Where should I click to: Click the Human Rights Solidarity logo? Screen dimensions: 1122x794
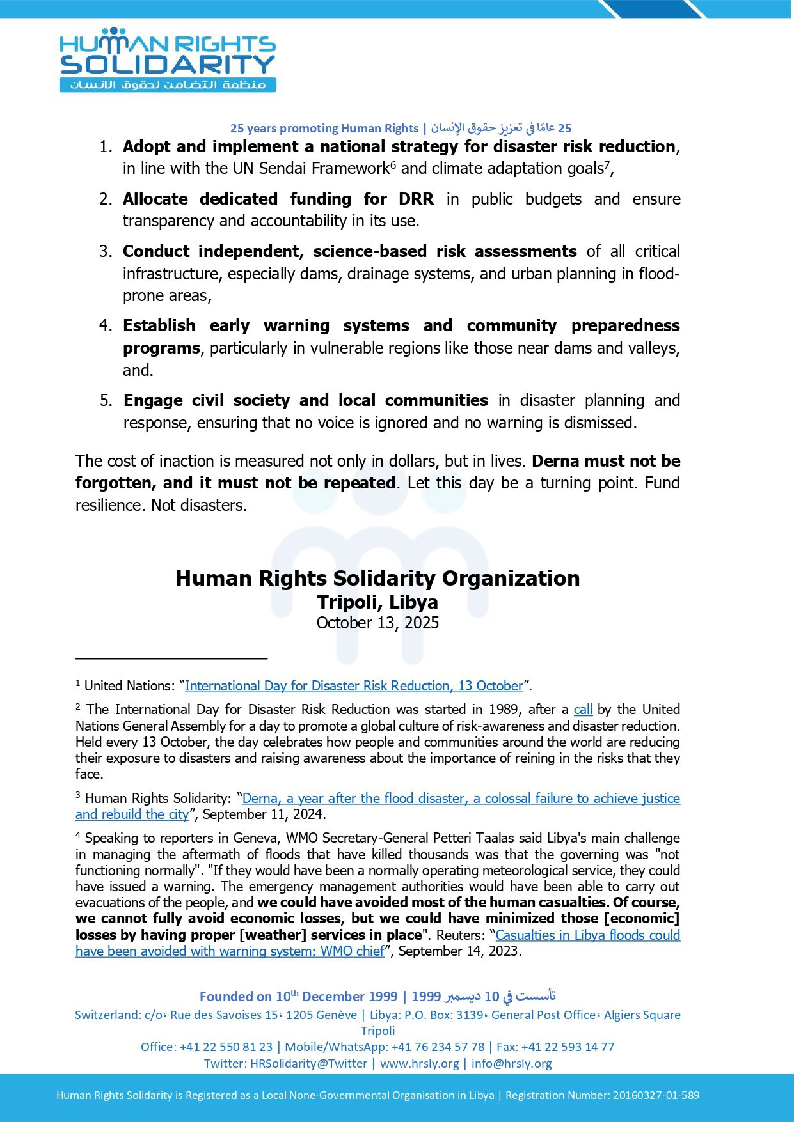click(168, 60)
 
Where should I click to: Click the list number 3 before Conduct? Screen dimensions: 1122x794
click(105, 251)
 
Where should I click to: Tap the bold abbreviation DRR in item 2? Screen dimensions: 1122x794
click(416, 199)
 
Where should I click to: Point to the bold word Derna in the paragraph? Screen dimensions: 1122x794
click(555, 461)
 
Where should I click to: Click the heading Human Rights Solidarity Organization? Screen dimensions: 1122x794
click(377, 578)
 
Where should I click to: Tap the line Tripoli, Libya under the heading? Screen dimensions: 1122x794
click(377, 602)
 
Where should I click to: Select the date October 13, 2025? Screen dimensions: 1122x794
click(377, 623)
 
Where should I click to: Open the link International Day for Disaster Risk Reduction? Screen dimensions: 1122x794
click(354, 686)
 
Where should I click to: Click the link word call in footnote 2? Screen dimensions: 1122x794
click(583, 710)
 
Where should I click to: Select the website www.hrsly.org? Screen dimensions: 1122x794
click(419, 1064)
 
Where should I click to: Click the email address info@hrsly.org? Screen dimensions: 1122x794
click(511, 1064)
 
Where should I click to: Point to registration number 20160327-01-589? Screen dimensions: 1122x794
click(656, 1095)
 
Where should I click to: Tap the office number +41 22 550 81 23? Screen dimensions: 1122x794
click(226, 1047)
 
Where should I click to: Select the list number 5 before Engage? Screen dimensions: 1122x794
click(106, 401)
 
